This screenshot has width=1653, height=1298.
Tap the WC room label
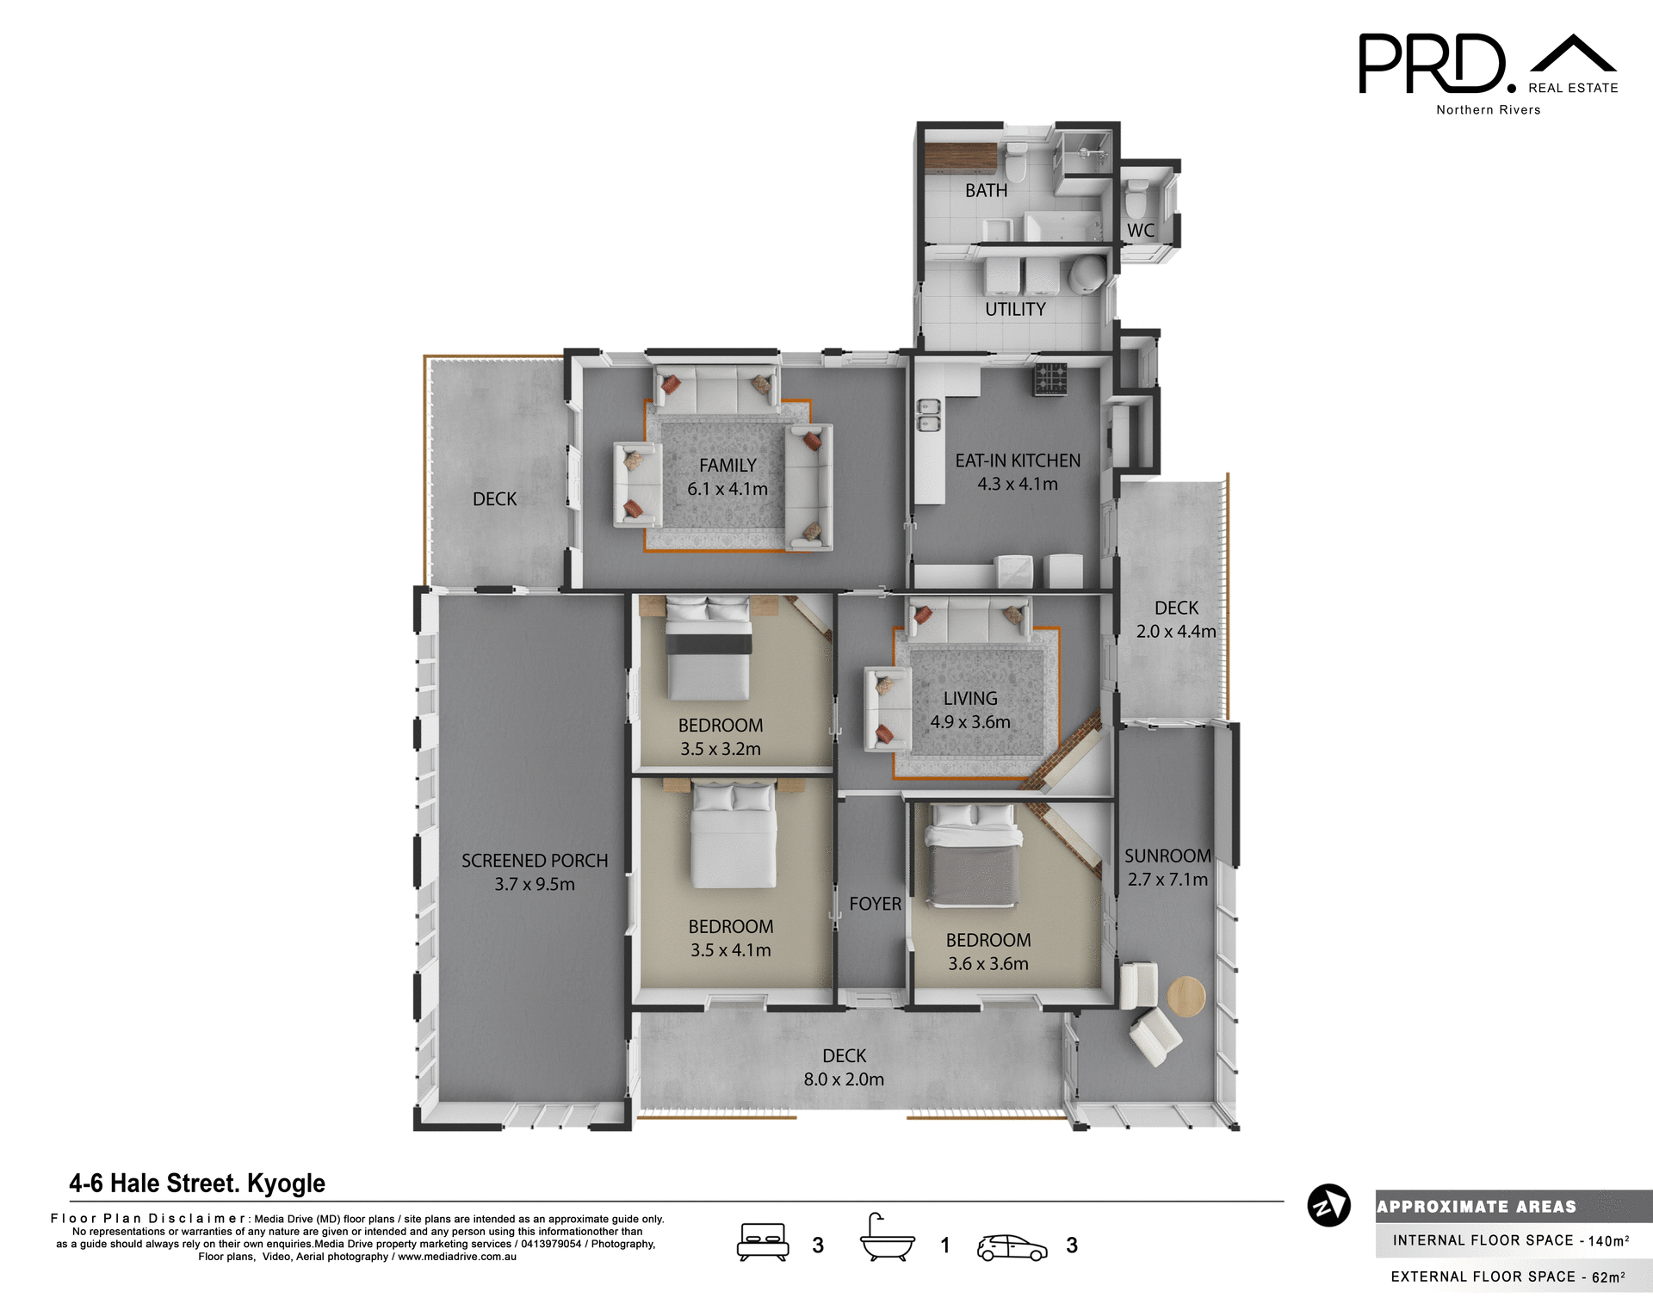pyautogui.click(x=1141, y=231)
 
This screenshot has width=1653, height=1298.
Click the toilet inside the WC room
pyautogui.click(x=1136, y=199)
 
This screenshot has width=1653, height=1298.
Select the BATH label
pyautogui.click(x=986, y=191)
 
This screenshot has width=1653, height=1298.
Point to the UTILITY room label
pyautogui.click(x=1015, y=309)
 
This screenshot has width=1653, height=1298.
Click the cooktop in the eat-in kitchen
pyautogui.click(x=1050, y=379)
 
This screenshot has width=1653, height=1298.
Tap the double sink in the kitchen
pyautogui.click(x=928, y=415)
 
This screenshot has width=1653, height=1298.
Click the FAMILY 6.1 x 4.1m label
pyautogui.click(x=727, y=477)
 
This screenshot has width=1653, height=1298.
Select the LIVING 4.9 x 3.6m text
pyautogui.click(x=970, y=710)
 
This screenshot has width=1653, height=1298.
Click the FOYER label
pyautogui.click(x=875, y=904)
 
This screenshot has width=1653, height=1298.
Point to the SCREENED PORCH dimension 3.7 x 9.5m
pyautogui.click(x=534, y=884)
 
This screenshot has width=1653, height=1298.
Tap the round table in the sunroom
pyautogui.click(x=1186, y=997)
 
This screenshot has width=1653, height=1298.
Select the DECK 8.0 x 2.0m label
pyautogui.click(x=844, y=1067)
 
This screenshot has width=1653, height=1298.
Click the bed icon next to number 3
pyautogui.click(x=763, y=1243)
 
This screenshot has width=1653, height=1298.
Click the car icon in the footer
pyautogui.click(x=1012, y=1247)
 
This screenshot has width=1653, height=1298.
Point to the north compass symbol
pyautogui.click(x=1328, y=1205)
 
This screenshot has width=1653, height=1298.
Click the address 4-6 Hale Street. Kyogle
pyautogui.click(x=197, y=1184)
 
